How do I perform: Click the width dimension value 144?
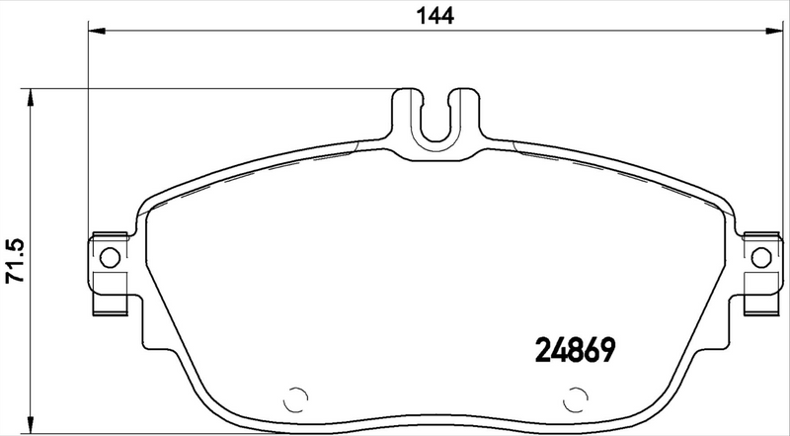click(435, 15)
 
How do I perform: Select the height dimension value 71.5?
click(14, 261)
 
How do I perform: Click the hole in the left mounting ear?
click(110, 258)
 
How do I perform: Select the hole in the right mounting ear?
click(759, 258)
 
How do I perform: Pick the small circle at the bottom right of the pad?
click(574, 399)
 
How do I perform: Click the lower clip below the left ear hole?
click(110, 302)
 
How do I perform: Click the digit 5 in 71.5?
click(14, 242)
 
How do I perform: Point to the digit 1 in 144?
click(422, 15)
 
